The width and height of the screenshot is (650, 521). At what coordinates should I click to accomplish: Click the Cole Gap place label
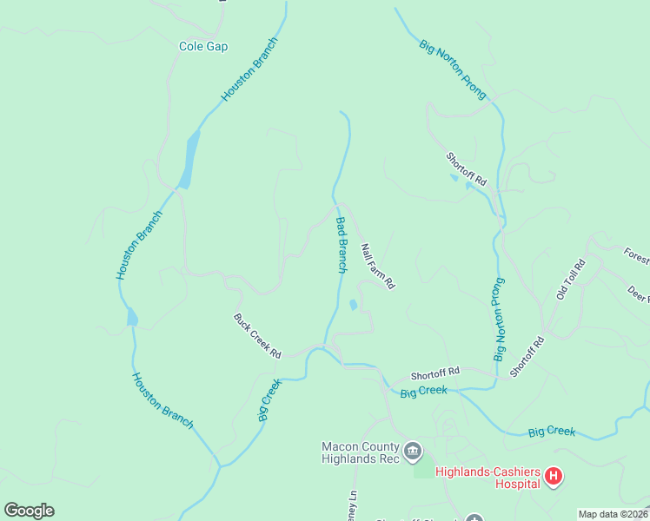203,47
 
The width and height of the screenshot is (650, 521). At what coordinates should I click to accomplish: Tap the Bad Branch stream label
342,246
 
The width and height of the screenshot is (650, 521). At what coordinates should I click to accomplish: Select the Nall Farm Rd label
378,266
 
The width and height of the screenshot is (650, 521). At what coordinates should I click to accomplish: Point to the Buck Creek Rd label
257,336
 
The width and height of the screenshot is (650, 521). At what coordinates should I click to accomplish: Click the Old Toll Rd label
571,280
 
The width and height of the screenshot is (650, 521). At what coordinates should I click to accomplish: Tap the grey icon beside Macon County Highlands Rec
413,451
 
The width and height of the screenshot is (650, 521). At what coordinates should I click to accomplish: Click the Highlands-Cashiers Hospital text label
487,478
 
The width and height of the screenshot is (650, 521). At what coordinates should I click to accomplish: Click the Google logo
29,511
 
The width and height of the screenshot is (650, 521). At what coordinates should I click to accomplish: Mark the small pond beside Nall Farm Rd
352,306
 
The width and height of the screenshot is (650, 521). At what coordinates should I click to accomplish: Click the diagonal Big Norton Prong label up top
453,69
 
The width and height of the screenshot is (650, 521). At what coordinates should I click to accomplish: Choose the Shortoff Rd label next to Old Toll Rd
527,356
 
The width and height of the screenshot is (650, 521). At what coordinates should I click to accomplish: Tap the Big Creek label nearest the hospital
552,432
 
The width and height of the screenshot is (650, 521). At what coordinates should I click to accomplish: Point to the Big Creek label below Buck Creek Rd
270,400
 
